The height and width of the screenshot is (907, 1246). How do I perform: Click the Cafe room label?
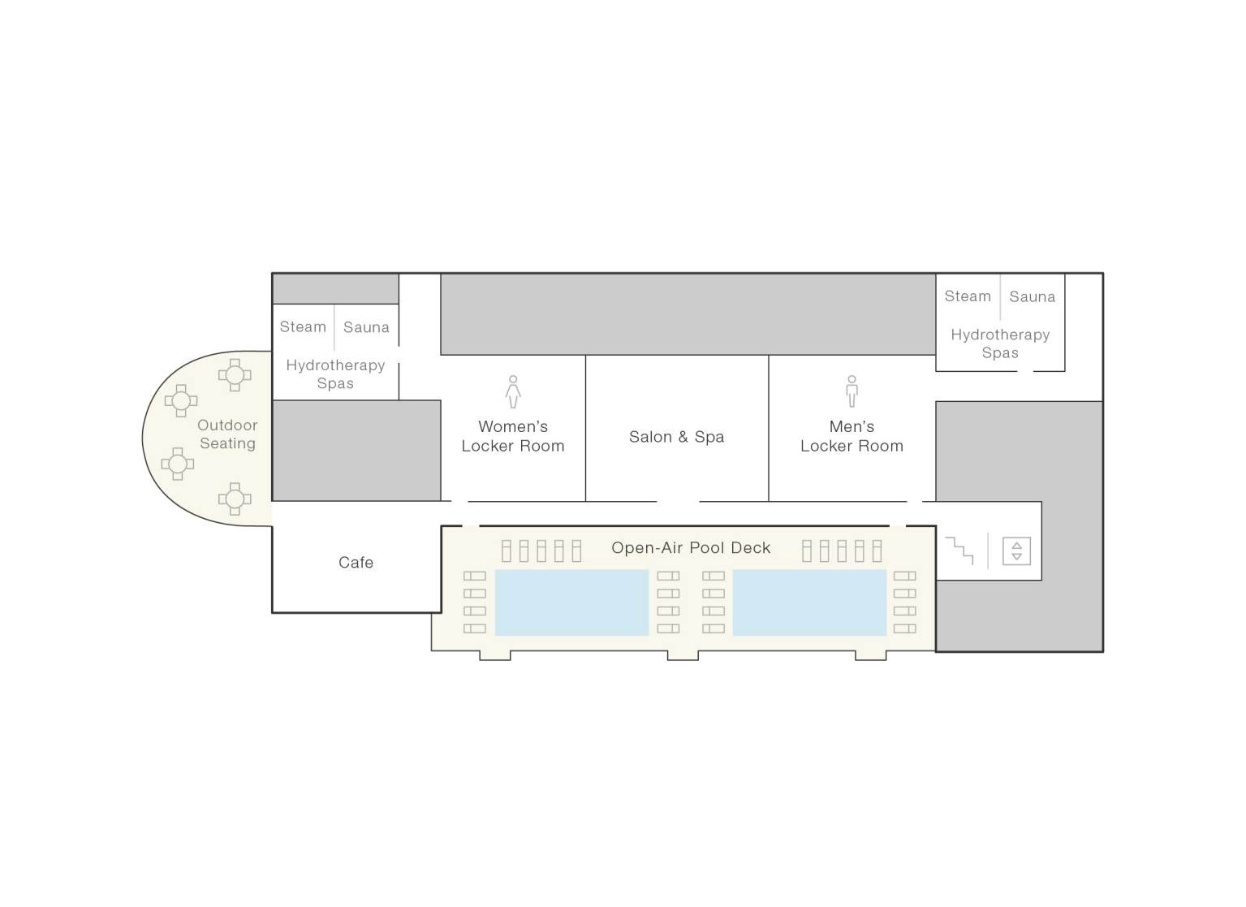(x=356, y=563)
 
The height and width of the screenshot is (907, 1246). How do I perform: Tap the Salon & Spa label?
(x=676, y=437)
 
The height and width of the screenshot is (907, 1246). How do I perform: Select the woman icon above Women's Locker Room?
(x=513, y=391)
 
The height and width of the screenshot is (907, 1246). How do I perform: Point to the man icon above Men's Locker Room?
(x=852, y=391)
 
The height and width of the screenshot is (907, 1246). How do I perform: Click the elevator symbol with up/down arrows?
(x=1016, y=551)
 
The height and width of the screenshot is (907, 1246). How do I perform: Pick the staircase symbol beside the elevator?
(x=959, y=551)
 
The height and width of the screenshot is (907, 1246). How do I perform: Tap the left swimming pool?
(x=571, y=603)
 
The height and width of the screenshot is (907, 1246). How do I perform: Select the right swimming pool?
(x=809, y=603)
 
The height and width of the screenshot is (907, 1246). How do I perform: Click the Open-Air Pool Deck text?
(x=691, y=548)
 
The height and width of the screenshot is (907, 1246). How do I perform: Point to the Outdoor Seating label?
(x=227, y=434)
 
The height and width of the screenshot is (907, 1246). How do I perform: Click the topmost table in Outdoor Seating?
(x=235, y=375)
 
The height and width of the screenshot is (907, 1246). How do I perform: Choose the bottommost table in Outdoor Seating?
(x=235, y=499)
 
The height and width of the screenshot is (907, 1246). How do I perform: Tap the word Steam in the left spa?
(x=303, y=327)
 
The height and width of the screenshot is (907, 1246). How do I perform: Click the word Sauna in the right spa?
(x=1032, y=297)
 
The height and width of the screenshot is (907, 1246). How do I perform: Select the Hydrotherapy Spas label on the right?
(x=1000, y=343)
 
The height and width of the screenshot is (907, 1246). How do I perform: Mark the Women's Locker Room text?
(x=513, y=436)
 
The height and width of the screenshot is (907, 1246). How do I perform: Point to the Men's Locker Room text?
(x=852, y=436)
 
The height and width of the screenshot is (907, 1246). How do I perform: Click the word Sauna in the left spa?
(x=366, y=327)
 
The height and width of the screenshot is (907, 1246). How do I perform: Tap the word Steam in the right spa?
(x=968, y=297)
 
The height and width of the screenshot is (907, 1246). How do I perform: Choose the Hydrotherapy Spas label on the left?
(x=335, y=374)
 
